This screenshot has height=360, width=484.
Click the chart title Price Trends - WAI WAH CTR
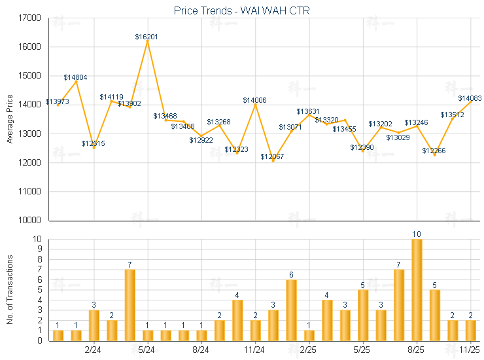point(241,10)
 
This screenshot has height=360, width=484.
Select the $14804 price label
point(75,77)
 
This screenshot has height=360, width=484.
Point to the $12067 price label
point(272,156)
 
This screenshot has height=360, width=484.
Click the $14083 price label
point(470,98)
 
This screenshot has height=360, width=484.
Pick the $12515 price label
point(93,143)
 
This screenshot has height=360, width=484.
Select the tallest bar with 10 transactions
point(417,289)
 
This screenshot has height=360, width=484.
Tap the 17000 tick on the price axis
point(31,18)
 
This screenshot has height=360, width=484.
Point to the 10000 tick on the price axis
point(31,221)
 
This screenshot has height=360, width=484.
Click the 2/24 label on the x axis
point(93,350)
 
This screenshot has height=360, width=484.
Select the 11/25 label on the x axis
point(470,350)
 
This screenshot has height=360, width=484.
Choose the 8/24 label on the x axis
point(201,350)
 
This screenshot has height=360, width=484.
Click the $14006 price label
point(254,100)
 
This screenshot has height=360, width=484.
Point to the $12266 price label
point(434,151)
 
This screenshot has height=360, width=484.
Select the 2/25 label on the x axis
point(309,350)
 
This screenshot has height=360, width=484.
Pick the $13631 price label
point(308,111)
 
